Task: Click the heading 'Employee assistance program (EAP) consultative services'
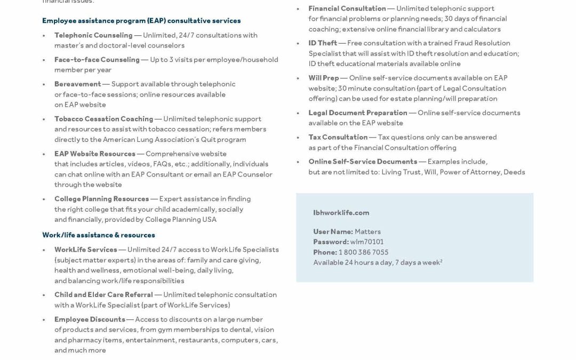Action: coord(141,21)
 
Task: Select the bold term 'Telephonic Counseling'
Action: coord(93,35)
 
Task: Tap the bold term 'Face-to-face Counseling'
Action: coord(97,60)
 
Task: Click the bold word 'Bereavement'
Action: coord(77,84)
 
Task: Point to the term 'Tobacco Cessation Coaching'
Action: coord(103,119)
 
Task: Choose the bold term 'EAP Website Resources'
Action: coord(94,154)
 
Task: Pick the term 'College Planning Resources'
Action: coord(101,199)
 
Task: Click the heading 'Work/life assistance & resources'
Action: coord(99,235)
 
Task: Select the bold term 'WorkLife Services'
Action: coord(85,250)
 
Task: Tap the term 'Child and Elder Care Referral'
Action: coord(103,295)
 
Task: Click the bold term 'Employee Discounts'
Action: coord(90,319)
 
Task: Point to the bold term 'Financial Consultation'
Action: coord(347,9)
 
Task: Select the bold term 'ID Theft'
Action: coord(323,43)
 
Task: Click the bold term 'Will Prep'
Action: coord(323,78)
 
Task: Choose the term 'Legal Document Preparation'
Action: coord(357,113)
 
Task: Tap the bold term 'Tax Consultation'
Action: coord(338,138)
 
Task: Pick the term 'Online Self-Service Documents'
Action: coord(363,162)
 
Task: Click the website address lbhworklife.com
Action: coord(341,213)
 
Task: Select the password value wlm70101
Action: coord(367,242)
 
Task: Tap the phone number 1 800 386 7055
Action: coord(363,252)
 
